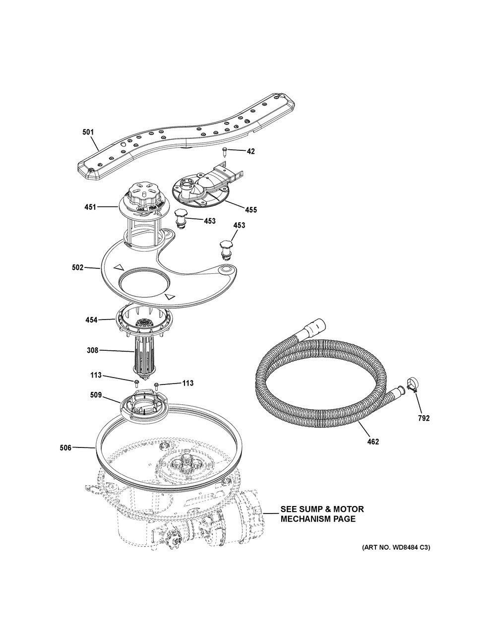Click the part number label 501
87,132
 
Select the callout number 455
250,209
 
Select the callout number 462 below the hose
372,441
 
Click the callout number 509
96,395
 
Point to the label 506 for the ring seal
65,448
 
